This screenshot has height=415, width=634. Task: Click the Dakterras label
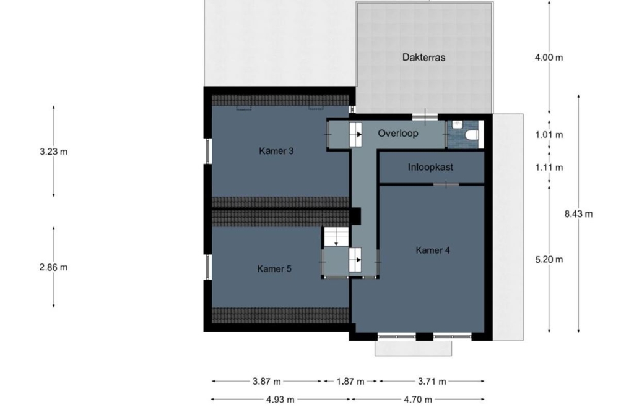423,58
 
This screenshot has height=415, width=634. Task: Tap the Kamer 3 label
276,151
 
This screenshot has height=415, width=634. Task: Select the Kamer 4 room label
433,250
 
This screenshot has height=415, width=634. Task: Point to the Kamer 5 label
274,268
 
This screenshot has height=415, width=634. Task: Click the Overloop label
398,134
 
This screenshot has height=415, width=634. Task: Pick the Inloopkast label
430,167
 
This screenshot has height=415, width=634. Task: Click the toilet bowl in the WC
472,135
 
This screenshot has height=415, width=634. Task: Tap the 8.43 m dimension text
579,214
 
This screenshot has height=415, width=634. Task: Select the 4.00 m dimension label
549,58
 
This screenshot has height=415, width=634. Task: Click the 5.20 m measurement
549,259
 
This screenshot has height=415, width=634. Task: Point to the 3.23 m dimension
54,152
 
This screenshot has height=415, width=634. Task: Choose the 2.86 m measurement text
53,268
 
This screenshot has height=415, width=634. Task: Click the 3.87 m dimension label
266,382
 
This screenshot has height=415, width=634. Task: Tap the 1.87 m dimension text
350,382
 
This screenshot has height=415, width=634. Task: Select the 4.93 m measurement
280,400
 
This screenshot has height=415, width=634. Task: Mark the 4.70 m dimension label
418,400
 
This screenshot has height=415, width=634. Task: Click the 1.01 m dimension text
549,135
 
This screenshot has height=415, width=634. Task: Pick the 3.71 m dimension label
432,382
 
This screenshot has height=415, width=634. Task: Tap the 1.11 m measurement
549,167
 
